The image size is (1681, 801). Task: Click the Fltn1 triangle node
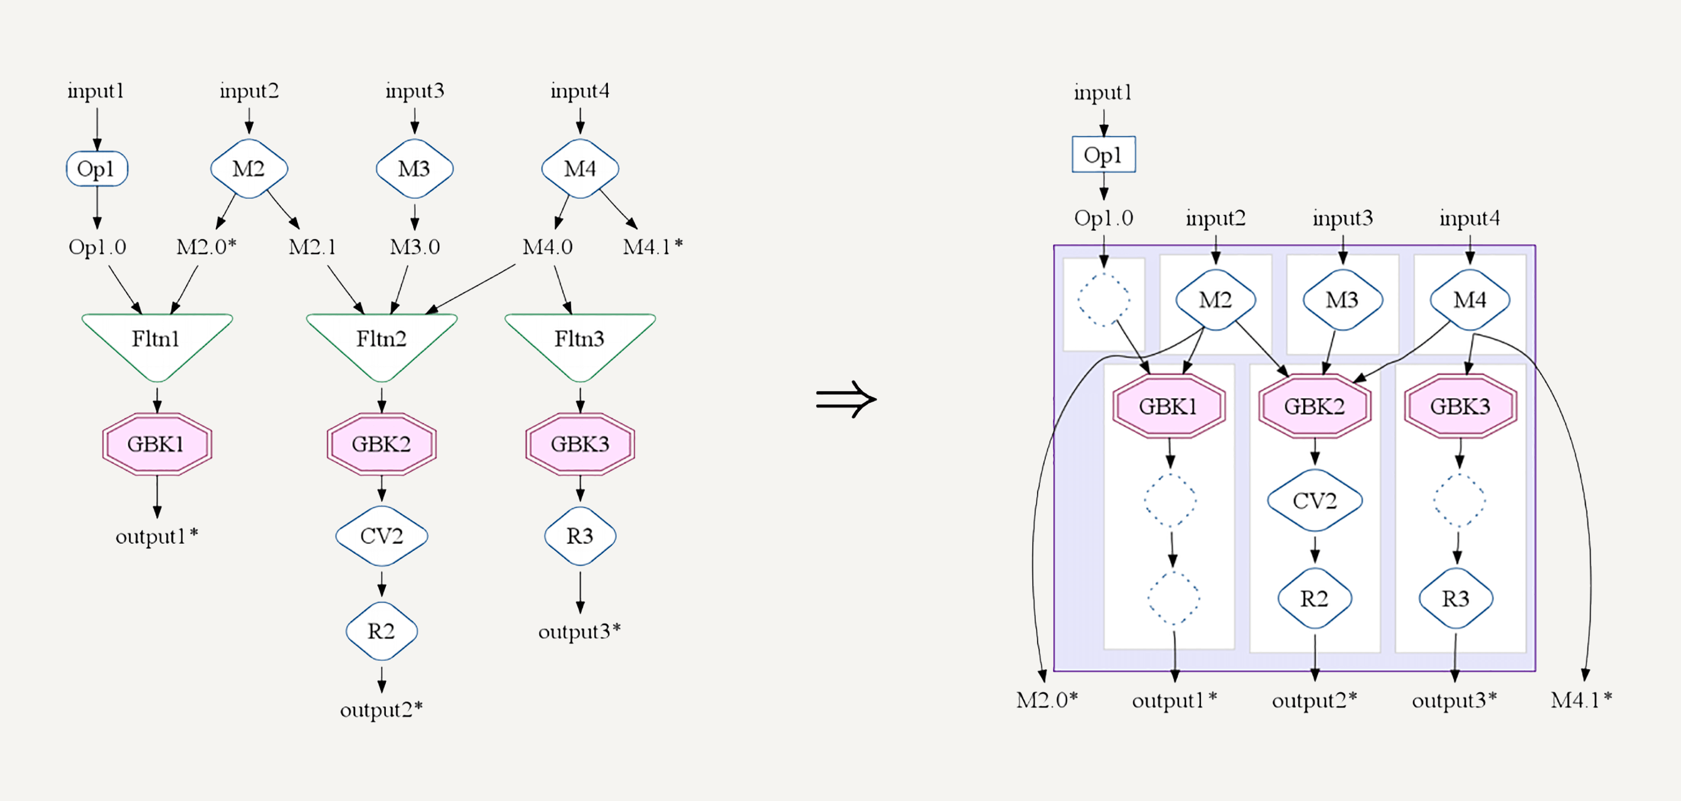(157, 343)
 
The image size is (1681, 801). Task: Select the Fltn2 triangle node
(382, 343)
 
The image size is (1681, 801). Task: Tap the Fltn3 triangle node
(579, 343)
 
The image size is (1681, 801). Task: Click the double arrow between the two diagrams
(846, 399)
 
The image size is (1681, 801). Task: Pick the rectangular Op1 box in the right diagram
(1103, 154)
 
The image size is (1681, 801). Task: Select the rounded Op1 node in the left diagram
(96, 169)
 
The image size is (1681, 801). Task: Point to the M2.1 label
(313, 247)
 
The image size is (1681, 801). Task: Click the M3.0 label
(415, 247)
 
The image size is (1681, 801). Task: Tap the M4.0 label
(548, 247)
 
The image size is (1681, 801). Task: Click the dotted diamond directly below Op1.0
(1103, 299)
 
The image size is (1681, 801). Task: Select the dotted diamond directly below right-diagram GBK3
(1460, 500)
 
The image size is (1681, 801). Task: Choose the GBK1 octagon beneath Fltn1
(157, 444)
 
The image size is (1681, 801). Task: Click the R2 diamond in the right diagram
(1314, 598)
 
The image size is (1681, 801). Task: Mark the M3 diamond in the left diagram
(414, 169)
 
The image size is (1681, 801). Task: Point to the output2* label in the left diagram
(382, 709)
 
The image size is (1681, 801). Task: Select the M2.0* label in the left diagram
(206, 247)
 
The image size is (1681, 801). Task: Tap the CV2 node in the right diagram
(1314, 500)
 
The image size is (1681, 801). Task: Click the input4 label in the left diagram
(579, 91)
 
